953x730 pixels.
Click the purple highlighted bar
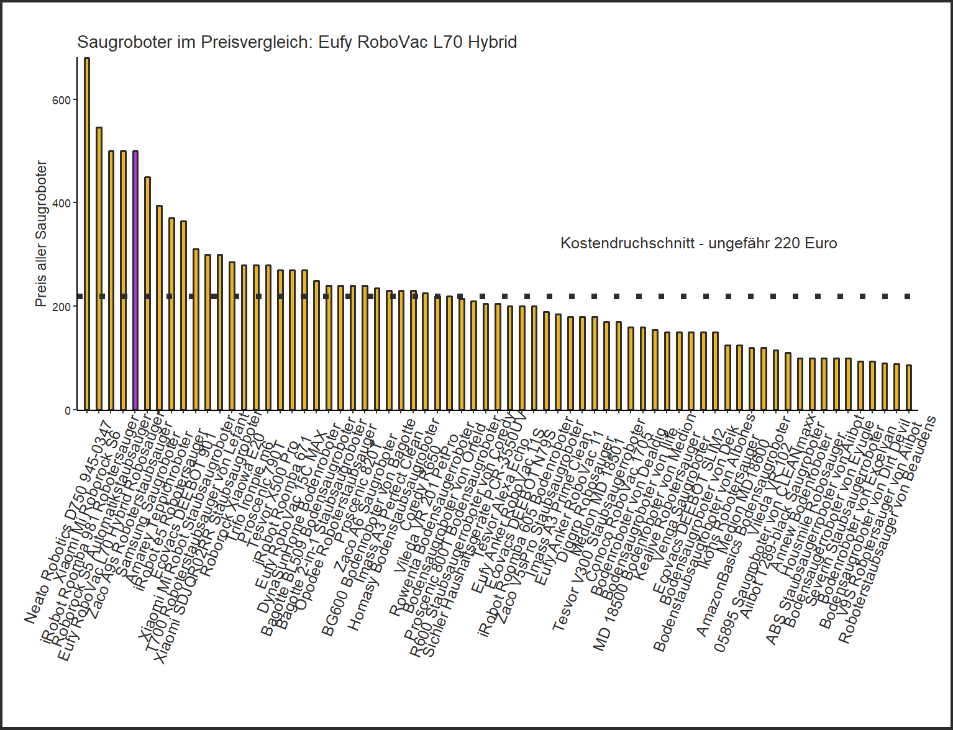(x=135, y=279)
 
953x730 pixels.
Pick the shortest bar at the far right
(x=909, y=387)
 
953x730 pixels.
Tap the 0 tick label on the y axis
(x=68, y=410)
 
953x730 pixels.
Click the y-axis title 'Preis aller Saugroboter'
(x=41, y=233)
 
